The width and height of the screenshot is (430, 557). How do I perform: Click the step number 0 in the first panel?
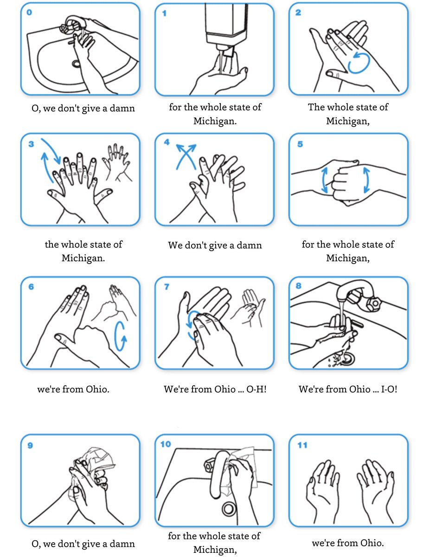pos(29,13)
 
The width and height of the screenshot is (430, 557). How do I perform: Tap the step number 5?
pos(300,144)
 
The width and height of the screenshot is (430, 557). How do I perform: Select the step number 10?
pos(166,444)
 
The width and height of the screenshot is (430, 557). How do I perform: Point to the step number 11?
pos(302,445)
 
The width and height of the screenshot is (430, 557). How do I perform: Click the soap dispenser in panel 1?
pos(226,28)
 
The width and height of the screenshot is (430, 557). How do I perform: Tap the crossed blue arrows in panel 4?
pos(186,156)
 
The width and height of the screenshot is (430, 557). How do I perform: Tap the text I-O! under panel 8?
pos(389,389)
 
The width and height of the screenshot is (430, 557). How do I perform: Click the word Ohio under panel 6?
pos(97,389)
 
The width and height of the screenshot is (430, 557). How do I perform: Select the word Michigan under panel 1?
pos(215,121)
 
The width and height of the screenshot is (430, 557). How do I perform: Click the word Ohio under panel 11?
pos(372,543)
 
